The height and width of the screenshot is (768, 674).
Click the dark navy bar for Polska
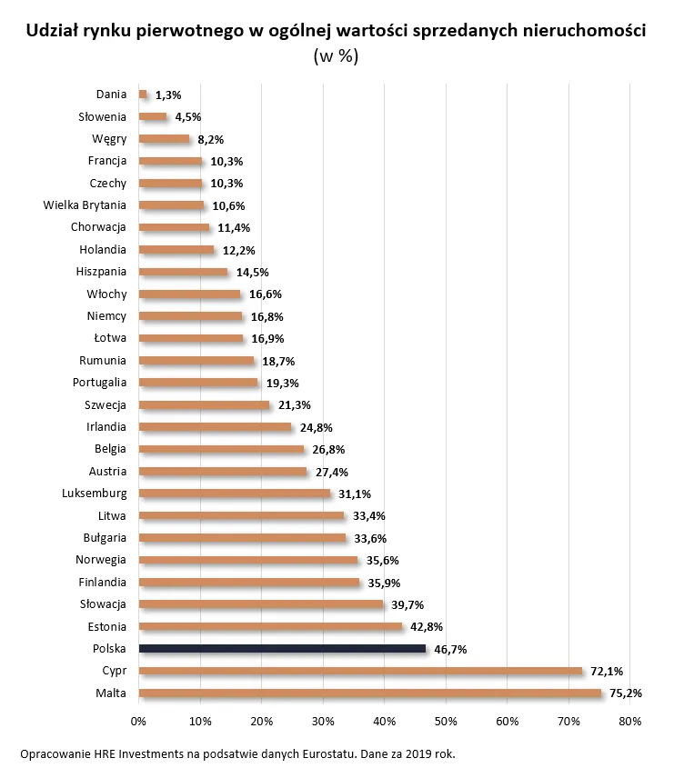pos(282,649)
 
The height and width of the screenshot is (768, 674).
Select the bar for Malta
pos(369,693)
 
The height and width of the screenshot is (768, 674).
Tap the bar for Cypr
pos(360,672)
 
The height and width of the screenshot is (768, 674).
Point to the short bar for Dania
pos(143,95)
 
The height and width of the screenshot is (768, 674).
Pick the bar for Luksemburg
pos(234,494)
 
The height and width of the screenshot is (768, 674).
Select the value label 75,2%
pos(627,693)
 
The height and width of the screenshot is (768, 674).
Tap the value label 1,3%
pos(168,95)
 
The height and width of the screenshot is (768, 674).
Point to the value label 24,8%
pos(318,427)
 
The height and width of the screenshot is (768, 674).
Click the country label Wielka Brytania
pos(85,205)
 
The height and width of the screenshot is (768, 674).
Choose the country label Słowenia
pos(102,116)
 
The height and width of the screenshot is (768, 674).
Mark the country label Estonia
pos(107,626)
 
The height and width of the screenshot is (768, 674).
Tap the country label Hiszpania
pos(101,272)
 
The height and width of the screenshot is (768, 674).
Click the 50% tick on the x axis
pos(446,721)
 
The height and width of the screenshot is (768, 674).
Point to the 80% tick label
pos(630,721)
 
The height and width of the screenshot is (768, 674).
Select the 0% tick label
pos(138,721)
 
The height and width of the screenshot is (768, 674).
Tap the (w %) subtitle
pos(336,56)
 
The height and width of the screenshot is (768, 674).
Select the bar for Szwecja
pos(204,405)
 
